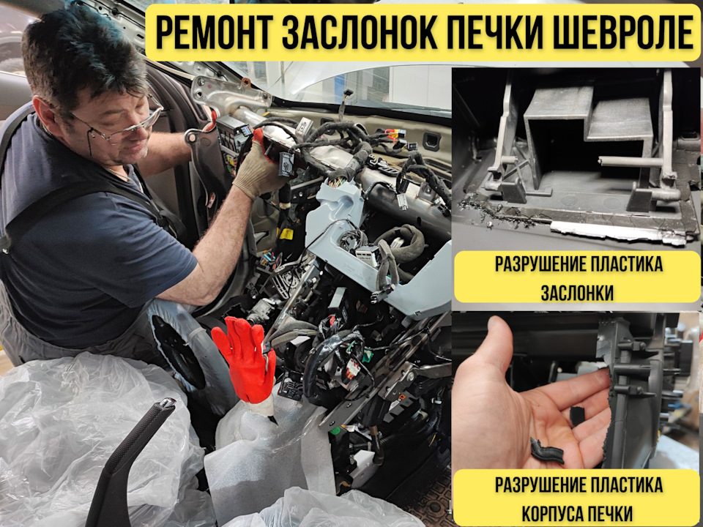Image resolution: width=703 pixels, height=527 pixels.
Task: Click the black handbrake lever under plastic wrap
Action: [x=132, y=461]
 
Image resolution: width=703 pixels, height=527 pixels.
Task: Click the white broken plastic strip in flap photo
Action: [x=615, y=230]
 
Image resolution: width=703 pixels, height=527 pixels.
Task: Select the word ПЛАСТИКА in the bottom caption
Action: [x=622, y=485]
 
